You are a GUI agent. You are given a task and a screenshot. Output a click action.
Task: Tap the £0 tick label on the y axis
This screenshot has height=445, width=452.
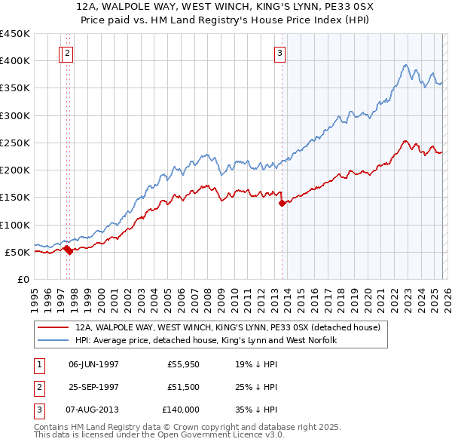[23, 279]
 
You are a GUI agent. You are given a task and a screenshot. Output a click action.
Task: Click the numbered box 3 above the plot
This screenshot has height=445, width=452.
[279, 53]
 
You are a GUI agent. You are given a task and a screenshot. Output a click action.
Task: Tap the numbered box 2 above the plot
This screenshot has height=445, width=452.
[68, 53]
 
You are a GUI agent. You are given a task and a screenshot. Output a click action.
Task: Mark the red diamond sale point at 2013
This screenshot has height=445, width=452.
[282, 203]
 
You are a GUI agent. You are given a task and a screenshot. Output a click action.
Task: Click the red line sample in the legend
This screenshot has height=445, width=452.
[53, 328]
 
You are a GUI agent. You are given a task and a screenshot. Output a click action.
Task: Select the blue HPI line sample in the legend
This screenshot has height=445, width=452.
[53, 341]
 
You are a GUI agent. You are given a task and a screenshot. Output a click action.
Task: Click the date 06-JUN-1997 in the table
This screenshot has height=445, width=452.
[93, 364]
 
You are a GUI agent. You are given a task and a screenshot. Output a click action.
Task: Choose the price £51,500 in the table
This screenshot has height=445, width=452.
[183, 387]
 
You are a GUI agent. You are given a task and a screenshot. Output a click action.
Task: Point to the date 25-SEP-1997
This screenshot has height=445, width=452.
[93, 387]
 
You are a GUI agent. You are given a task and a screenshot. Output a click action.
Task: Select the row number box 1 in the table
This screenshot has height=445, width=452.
[38, 364]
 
